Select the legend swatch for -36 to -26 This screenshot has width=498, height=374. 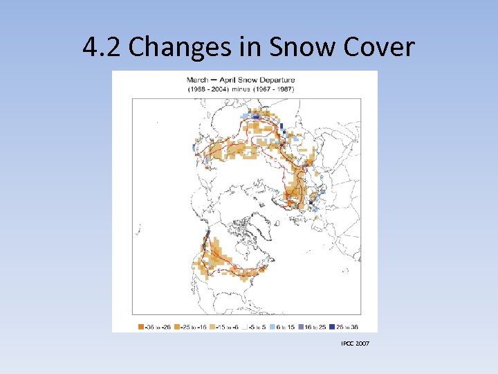(140, 326)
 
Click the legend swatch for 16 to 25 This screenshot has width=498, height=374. (304, 326)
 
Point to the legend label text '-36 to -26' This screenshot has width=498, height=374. (156, 326)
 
